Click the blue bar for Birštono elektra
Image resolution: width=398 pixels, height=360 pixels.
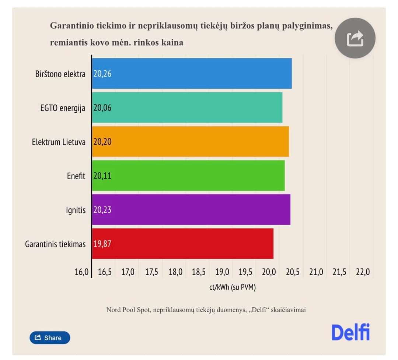click(x=192, y=74)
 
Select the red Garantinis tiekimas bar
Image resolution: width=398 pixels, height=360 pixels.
click(x=182, y=244)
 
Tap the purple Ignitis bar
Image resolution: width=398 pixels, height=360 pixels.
click(x=191, y=210)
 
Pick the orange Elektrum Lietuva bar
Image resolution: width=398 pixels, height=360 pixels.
click(x=190, y=142)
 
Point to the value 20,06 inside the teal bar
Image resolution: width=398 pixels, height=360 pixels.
click(x=102, y=108)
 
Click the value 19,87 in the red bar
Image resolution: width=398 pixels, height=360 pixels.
click(x=102, y=244)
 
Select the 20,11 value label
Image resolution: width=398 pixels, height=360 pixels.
click(x=102, y=176)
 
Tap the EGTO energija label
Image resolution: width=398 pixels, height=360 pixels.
click(x=63, y=108)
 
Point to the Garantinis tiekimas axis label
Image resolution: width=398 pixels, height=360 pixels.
click(x=55, y=244)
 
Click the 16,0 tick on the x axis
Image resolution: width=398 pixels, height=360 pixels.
click(x=81, y=272)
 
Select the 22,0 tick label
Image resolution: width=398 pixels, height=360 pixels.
click(x=363, y=272)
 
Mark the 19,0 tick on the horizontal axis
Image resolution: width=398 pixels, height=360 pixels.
click(x=222, y=272)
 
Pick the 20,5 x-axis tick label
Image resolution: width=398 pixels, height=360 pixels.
click(x=292, y=272)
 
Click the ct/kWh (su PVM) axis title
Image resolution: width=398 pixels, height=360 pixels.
click(x=232, y=287)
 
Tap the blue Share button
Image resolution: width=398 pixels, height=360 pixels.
click(x=50, y=338)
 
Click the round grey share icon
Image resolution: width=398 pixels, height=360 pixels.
click(x=355, y=38)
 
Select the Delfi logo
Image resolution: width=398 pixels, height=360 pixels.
click(x=350, y=332)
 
